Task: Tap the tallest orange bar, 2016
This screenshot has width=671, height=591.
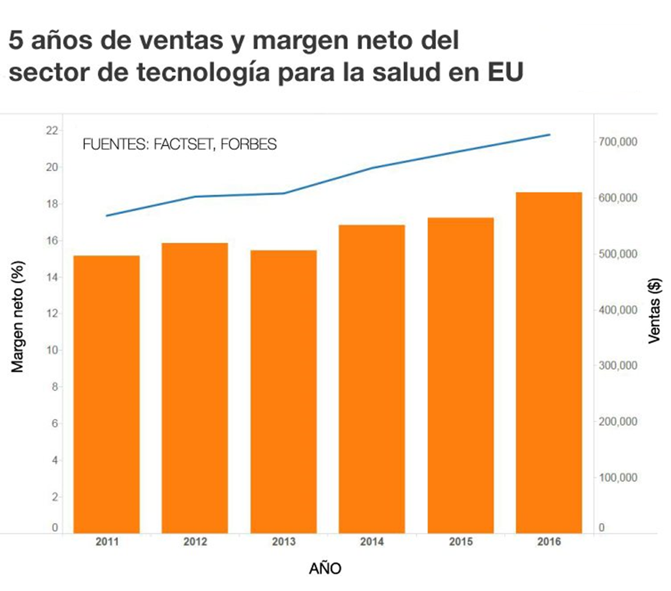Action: (549, 362)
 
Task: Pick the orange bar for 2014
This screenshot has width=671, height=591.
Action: (372, 379)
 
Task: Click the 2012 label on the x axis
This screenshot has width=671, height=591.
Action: (195, 542)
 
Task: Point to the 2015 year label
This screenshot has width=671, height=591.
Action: (460, 542)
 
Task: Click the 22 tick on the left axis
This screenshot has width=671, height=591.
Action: (51, 131)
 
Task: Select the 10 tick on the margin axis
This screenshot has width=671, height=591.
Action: (52, 350)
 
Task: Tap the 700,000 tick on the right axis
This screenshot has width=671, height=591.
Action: (617, 142)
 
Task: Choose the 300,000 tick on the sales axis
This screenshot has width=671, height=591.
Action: (617, 365)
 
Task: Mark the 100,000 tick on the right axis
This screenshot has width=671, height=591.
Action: (617, 478)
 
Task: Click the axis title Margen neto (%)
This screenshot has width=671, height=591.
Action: (19, 317)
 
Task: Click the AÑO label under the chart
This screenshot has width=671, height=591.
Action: (325, 569)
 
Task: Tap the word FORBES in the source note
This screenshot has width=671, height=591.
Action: (248, 145)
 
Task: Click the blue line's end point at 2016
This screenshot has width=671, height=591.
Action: (549, 135)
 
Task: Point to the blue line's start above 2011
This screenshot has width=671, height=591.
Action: (107, 215)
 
